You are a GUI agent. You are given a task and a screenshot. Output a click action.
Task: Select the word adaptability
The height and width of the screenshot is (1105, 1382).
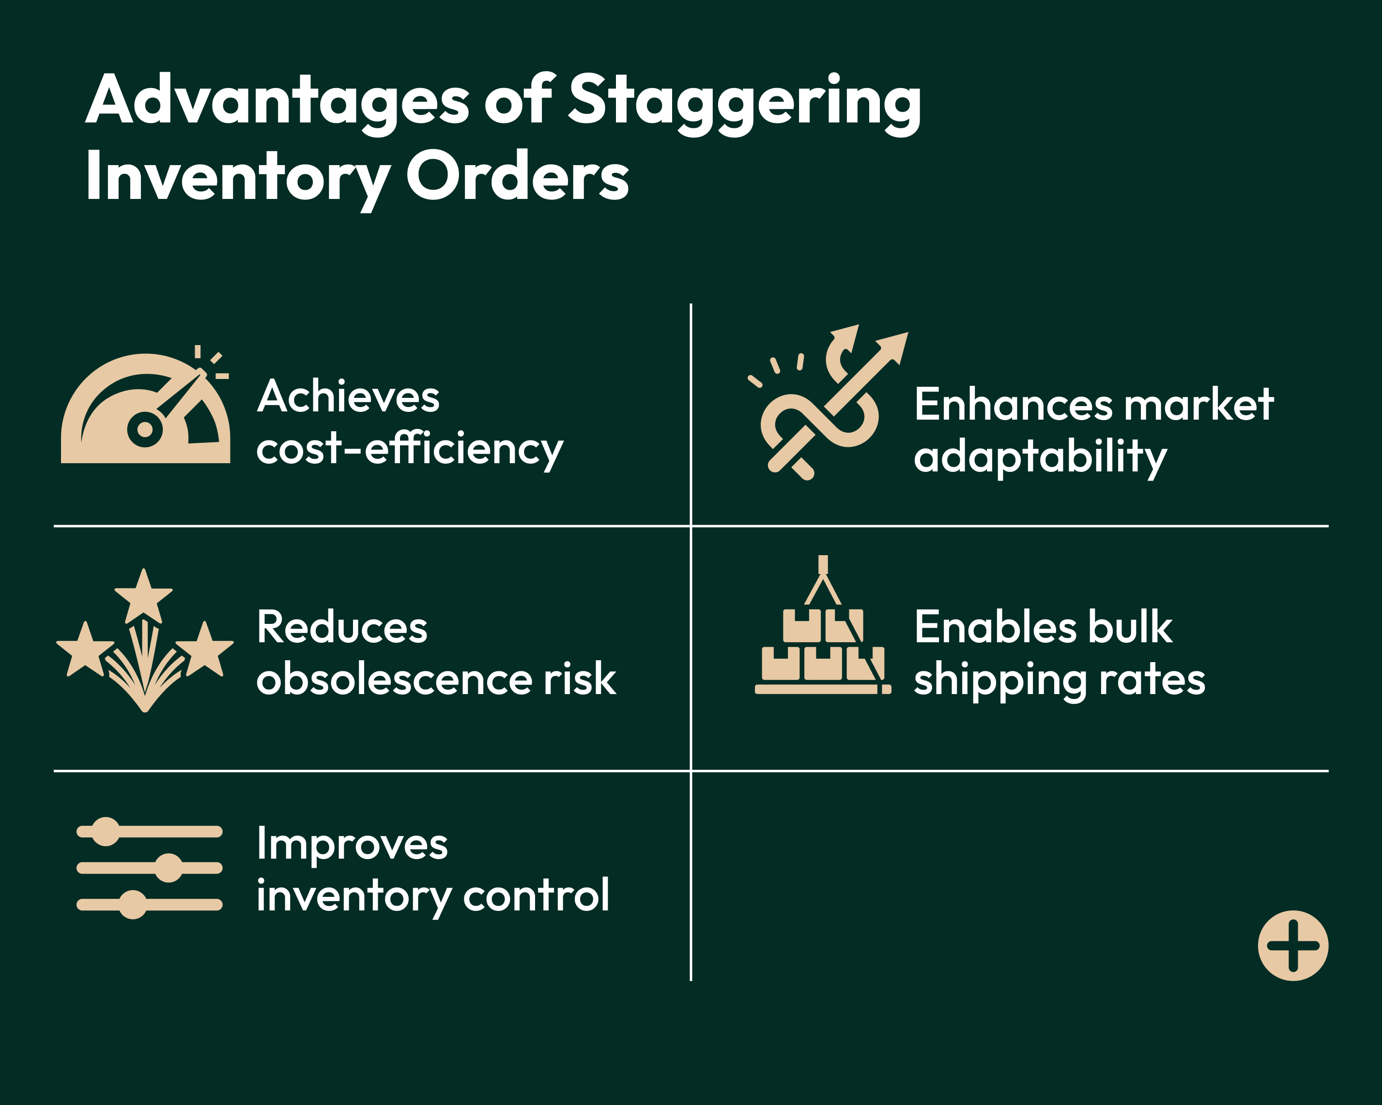point(1040,457)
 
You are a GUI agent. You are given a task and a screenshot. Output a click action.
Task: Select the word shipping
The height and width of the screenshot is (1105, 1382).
point(1000,681)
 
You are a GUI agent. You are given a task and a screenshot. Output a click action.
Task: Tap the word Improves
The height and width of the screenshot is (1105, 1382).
point(352,844)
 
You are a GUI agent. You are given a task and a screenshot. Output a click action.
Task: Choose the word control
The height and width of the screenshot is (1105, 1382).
point(536,895)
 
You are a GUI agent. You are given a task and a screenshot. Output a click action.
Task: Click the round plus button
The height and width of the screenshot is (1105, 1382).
point(1293,945)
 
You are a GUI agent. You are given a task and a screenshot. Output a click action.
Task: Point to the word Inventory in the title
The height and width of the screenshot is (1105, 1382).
point(237,176)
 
